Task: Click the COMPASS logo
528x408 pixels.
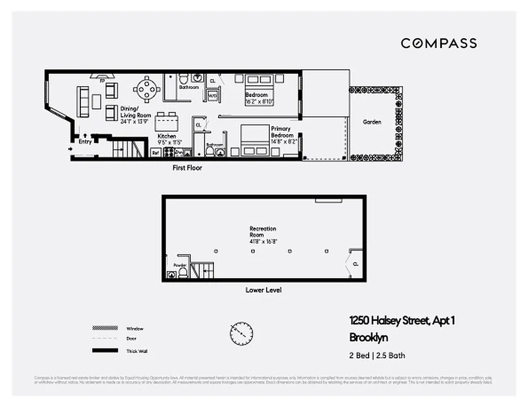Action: pyautogui.click(x=438, y=43)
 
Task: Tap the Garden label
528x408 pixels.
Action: pyautogui.click(x=372, y=122)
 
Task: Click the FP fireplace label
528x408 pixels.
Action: pyautogui.click(x=102, y=81)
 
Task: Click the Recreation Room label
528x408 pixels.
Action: pyautogui.click(x=263, y=232)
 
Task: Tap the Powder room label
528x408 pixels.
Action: pyautogui.click(x=180, y=265)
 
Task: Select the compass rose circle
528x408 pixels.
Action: pyautogui.click(x=241, y=334)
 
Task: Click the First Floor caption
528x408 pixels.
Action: pyautogui.click(x=186, y=168)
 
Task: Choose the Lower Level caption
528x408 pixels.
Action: pyautogui.click(x=263, y=290)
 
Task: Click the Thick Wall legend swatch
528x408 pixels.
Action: pyautogui.click(x=102, y=351)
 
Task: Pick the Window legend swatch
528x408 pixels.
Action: pyautogui.click(x=102, y=328)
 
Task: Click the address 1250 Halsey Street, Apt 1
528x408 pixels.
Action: pyautogui.click(x=402, y=321)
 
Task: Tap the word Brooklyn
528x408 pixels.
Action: pyautogui.click(x=369, y=338)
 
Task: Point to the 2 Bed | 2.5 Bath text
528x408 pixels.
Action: pyautogui.click(x=377, y=356)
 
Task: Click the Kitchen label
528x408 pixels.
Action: pyautogui.click(x=166, y=136)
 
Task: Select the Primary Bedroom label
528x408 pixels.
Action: pyautogui.click(x=282, y=132)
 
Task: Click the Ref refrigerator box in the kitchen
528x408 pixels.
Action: pyautogui.click(x=155, y=152)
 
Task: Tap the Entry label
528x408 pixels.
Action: pyautogui.click(x=85, y=142)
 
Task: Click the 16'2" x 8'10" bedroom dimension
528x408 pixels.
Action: pyautogui.click(x=260, y=102)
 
